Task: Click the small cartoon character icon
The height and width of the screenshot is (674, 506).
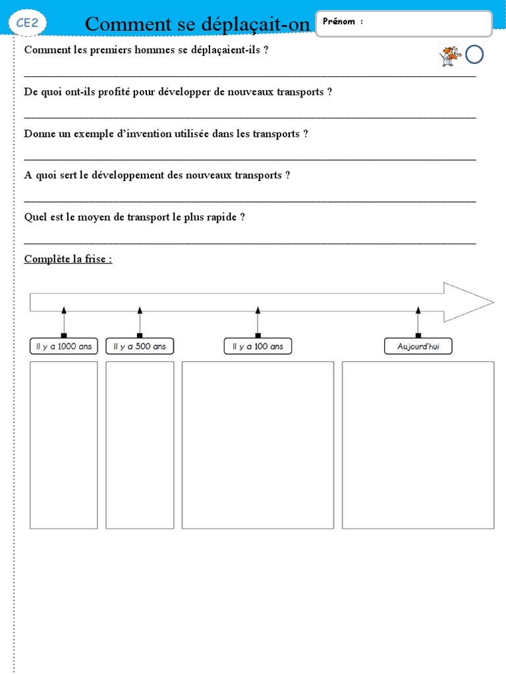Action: point(450,56)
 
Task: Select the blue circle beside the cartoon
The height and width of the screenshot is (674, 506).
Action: point(474,55)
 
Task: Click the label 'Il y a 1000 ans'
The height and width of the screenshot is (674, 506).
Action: point(64,346)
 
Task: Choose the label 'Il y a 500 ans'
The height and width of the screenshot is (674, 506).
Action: point(139,346)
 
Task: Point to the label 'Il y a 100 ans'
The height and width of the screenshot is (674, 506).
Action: point(258,346)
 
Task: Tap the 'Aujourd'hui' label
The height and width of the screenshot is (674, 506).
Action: point(418,346)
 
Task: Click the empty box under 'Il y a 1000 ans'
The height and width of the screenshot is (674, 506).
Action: point(63,445)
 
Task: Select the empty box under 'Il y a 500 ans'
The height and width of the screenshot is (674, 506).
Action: point(140,445)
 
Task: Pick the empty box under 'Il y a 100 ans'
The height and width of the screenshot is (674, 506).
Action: point(258,445)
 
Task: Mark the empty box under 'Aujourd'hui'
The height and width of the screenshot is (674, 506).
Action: point(418,445)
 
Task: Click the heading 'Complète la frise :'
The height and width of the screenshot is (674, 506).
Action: point(68,259)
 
